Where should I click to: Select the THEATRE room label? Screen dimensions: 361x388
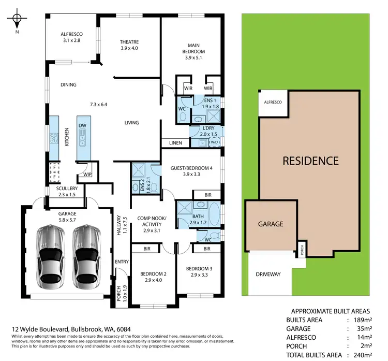pos(129,45)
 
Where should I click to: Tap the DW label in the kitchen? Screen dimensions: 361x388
pos(82,126)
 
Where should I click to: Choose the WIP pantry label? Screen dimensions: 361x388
pos(87,175)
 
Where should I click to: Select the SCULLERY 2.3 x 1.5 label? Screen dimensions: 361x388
pos(67,191)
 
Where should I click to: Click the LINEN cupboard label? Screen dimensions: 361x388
pos(175,143)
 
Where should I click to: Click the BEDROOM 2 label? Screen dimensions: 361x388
pos(154,278)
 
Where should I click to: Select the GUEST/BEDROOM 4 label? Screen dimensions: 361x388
pos(191,171)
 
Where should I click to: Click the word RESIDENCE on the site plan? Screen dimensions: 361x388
pos(310,161)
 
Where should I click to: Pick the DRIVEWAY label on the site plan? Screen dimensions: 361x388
pos(268,274)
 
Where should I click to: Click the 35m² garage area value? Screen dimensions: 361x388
pos(362,328)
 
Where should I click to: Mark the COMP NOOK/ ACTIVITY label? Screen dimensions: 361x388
pos(152,222)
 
